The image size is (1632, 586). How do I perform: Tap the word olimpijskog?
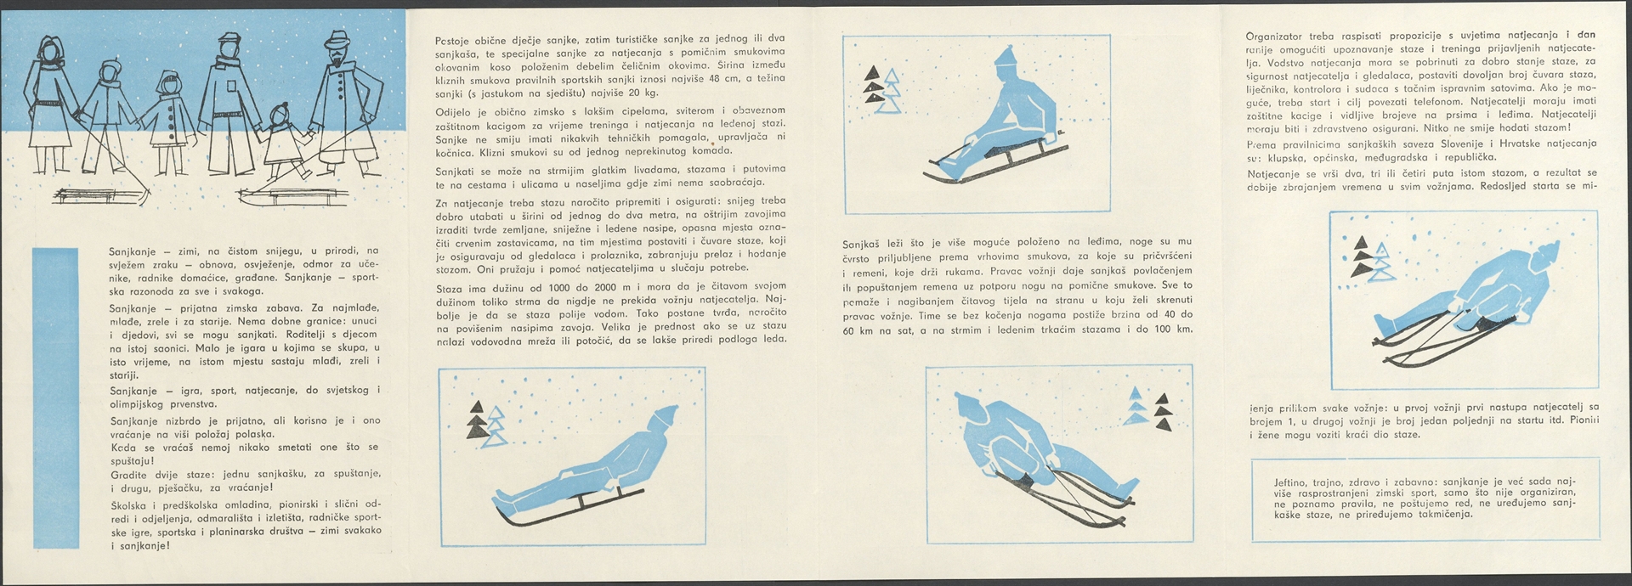tap(140, 405)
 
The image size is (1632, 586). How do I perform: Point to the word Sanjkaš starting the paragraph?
tap(864, 243)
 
